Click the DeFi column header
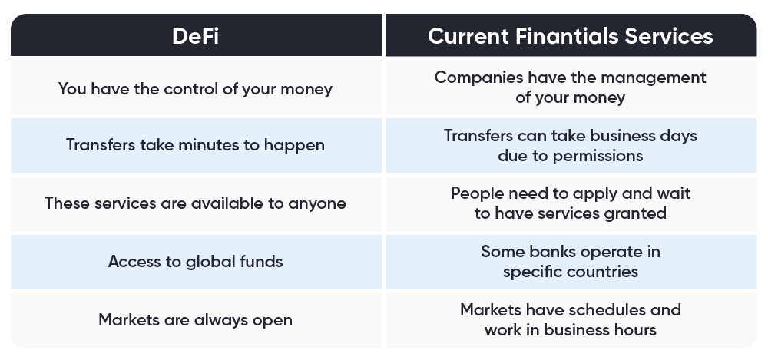tap(195, 36)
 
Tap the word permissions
tap(598, 156)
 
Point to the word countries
tap(607, 272)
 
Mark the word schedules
tap(602, 310)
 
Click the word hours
tap(635, 330)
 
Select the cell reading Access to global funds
tap(196, 262)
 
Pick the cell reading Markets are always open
tap(196, 320)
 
